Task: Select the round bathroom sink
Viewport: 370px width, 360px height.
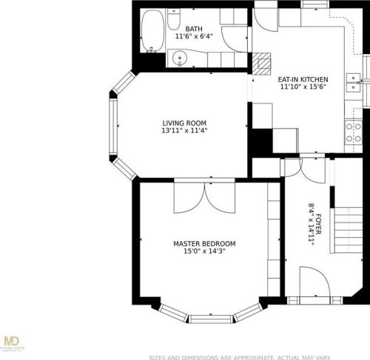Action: click(x=178, y=58)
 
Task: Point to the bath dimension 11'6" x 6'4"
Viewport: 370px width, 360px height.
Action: click(x=194, y=36)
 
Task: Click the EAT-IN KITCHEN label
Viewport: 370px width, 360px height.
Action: click(x=303, y=79)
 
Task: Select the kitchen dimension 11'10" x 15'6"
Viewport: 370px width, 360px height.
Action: click(x=303, y=86)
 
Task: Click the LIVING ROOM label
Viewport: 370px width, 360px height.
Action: click(x=184, y=123)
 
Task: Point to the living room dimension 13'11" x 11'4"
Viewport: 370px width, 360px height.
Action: click(x=184, y=131)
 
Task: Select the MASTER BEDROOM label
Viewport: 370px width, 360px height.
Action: click(x=204, y=244)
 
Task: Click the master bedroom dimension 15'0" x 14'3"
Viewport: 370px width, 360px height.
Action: click(x=204, y=251)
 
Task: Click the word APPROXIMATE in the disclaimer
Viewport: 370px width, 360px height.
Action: click(x=244, y=356)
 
